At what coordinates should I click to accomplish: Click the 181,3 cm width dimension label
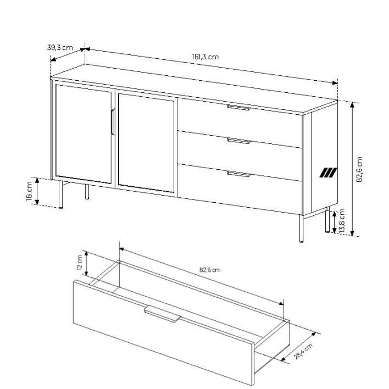[205, 57]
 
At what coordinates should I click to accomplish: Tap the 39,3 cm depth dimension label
[60, 47]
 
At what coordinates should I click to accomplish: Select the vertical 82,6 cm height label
[359, 169]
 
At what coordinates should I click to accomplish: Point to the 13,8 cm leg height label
[342, 220]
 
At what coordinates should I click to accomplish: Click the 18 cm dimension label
[29, 191]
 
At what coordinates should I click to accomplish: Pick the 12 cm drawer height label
[80, 262]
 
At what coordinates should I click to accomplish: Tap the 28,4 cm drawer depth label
[303, 351]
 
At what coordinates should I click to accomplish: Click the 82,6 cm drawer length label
[210, 270]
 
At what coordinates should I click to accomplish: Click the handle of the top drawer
[238, 107]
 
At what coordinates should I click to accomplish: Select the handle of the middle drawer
[239, 141]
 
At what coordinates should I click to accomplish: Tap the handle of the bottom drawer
[238, 174]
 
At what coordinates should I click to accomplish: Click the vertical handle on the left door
[113, 122]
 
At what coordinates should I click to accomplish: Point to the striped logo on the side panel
[328, 173]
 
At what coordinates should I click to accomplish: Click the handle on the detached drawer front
[163, 314]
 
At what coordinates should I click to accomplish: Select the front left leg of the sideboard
[60, 194]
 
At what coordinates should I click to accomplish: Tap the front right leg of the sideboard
[301, 229]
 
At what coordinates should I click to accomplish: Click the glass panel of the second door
[146, 143]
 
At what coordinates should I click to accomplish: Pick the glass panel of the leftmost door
[84, 134]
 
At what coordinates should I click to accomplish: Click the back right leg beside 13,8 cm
[327, 220]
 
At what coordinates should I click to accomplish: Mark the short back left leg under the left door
[87, 192]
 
